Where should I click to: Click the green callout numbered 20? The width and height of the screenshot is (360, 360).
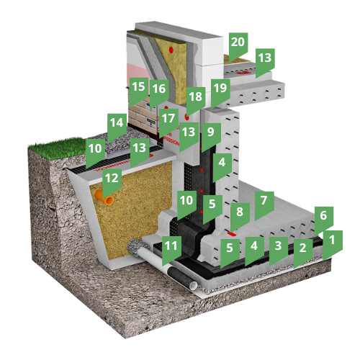pos(238,45)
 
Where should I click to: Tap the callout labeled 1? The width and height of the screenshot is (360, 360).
pos(333,243)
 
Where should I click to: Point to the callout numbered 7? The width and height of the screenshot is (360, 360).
pos(264,203)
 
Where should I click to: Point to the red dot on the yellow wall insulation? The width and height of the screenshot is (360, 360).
pos(171,50)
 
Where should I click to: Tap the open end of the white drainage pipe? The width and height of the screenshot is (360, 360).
pos(193,286)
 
